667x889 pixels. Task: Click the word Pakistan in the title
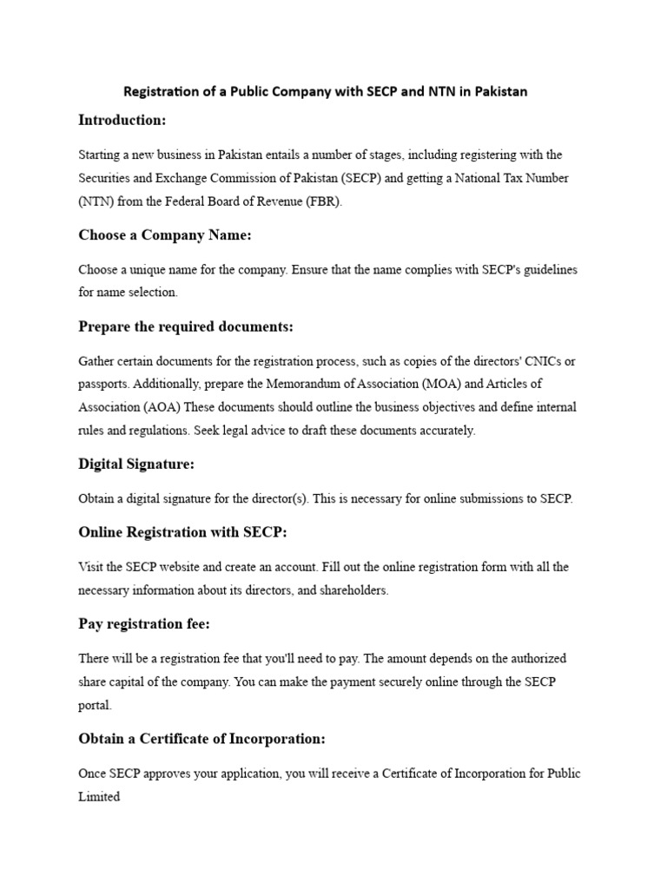point(501,91)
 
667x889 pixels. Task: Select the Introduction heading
point(122,120)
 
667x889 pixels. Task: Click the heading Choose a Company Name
point(164,235)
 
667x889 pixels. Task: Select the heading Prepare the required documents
point(186,326)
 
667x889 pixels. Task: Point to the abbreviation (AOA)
point(161,407)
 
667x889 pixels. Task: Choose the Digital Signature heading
point(136,464)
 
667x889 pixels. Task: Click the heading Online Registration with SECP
point(182,532)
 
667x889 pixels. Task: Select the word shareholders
point(355,590)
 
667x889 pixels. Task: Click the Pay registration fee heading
point(143,624)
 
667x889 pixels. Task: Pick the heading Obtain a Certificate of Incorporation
point(201,739)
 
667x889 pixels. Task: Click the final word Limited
point(99,796)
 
